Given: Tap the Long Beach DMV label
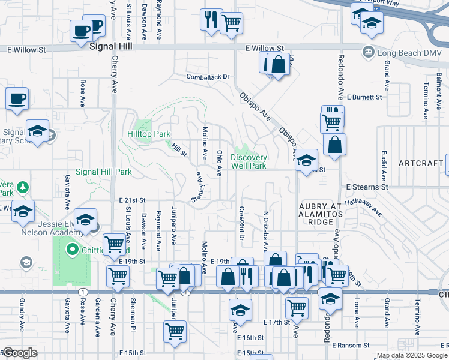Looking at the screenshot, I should (405, 53).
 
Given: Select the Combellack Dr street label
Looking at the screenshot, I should (208, 77).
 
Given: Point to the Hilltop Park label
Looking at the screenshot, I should (149, 134).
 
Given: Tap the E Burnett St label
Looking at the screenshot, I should (364, 97).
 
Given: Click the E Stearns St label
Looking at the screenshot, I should (367, 187).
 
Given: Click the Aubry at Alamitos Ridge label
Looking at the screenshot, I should (320, 214).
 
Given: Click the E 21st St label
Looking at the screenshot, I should (133, 200).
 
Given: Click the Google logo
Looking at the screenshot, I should (19, 353).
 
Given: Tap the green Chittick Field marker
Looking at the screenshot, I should (73, 248).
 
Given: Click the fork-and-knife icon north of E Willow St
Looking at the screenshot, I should (210, 19).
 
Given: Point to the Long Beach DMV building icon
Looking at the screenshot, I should (367, 53).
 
